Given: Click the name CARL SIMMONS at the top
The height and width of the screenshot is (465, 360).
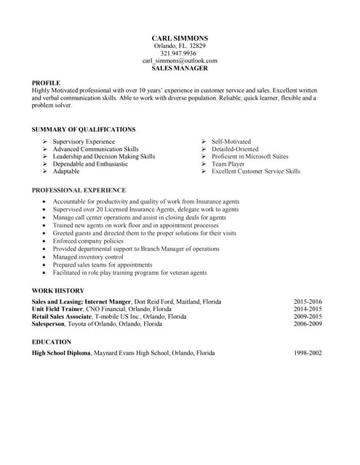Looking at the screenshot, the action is pyautogui.click(x=180, y=38).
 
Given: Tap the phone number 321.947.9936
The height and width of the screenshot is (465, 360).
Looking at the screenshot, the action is pyautogui.click(x=179, y=53).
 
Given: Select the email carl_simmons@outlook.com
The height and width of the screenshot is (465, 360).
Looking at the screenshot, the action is pyautogui.click(x=180, y=61).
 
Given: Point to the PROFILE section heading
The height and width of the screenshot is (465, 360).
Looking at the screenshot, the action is pyautogui.click(x=46, y=83).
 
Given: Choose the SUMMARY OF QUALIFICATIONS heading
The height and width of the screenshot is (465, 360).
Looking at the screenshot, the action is pyautogui.click(x=84, y=129).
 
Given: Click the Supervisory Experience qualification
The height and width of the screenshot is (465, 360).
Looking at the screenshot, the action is pyautogui.click(x=84, y=142).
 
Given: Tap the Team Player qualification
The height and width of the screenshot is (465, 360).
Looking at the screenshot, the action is pyautogui.click(x=229, y=164).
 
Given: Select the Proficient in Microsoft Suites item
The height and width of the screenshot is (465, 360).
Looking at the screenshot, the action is pyautogui.click(x=249, y=156).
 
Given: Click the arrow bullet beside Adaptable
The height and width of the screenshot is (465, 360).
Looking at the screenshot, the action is pyautogui.click(x=45, y=171).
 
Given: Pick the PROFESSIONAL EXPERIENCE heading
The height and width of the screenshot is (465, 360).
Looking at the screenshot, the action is pyautogui.click(x=79, y=190).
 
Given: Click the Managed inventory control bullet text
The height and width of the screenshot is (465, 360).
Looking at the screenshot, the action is pyautogui.click(x=88, y=256).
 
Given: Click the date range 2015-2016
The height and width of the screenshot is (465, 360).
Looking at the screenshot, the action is pyautogui.click(x=308, y=302).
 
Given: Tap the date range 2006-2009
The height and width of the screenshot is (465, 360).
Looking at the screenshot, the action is pyautogui.click(x=308, y=324).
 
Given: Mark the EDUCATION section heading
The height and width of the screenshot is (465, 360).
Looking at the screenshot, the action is pyautogui.click(x=52, y=341).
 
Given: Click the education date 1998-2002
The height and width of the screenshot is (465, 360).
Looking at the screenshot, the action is pyautogui.click(x=308, y=352).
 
